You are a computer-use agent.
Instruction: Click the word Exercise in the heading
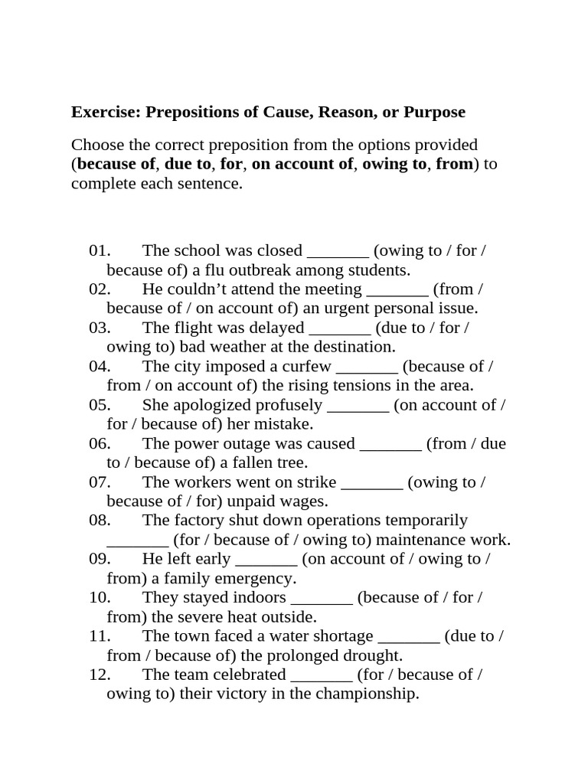coord(106,113)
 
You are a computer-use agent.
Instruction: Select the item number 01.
coord(100,251)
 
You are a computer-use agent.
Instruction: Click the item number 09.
coord(100,559)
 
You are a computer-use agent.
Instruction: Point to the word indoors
coord(255,597)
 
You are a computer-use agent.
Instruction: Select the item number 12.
coord(100,675)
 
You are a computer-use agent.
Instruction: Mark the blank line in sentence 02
coord(397,289)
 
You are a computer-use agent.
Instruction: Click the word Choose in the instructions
coord(96,145)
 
